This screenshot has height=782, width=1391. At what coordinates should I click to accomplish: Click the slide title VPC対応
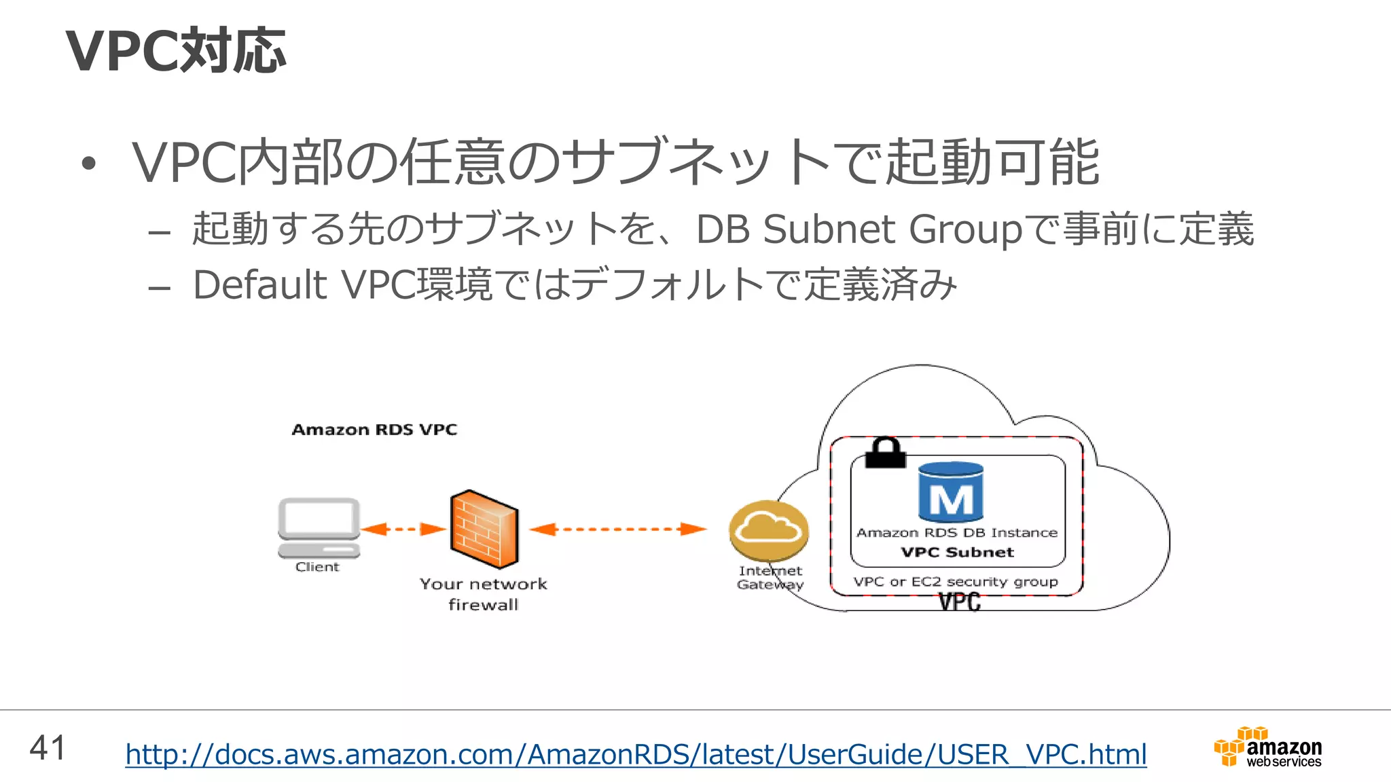(175, 51)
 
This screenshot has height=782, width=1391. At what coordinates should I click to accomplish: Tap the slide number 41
(48, 748)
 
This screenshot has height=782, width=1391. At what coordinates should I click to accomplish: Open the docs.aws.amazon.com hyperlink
(636, 754)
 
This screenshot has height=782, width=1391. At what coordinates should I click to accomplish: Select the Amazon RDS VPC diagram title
(374, 430)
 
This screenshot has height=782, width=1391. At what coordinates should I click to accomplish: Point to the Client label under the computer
(317, 567)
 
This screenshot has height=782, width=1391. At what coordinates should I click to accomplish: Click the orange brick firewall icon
(484, 529)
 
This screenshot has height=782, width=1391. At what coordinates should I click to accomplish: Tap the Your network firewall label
(483, 594)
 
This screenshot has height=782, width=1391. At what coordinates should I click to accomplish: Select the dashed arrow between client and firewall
(403, 529)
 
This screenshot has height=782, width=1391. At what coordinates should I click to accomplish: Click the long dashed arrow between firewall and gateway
(618, 529)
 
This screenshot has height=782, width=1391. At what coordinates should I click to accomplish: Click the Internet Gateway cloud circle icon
(769, 530)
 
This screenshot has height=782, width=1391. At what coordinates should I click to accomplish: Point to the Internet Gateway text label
(770, 578)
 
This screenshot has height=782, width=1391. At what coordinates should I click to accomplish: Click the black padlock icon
(886, 453)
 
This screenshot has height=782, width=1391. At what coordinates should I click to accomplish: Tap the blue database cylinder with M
(951, 492)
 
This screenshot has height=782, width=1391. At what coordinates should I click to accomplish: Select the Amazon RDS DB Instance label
(957, 533)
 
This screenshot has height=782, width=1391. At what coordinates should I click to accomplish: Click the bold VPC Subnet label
(957, 552)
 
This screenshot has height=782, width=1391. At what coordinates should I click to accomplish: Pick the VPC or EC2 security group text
(956, 582)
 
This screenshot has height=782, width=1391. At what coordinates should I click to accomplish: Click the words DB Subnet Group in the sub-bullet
(859, 229)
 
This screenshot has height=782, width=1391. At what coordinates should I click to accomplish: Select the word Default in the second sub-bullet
(260, 284)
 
